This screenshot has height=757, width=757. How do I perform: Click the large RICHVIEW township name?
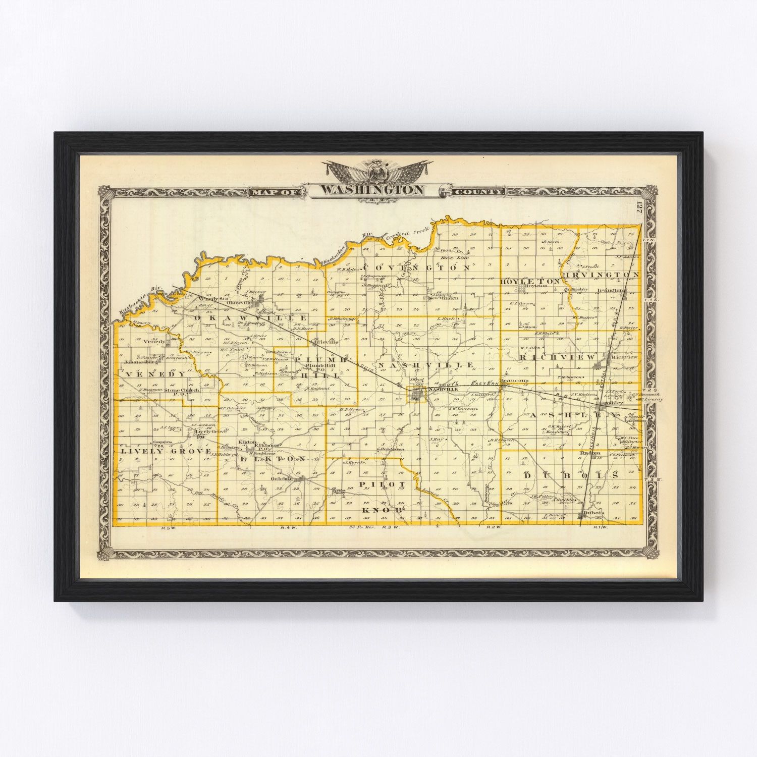pyautogui.click(x=557, y=357)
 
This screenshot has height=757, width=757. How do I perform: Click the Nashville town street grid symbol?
pyautogui.click(x=418, y=395)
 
